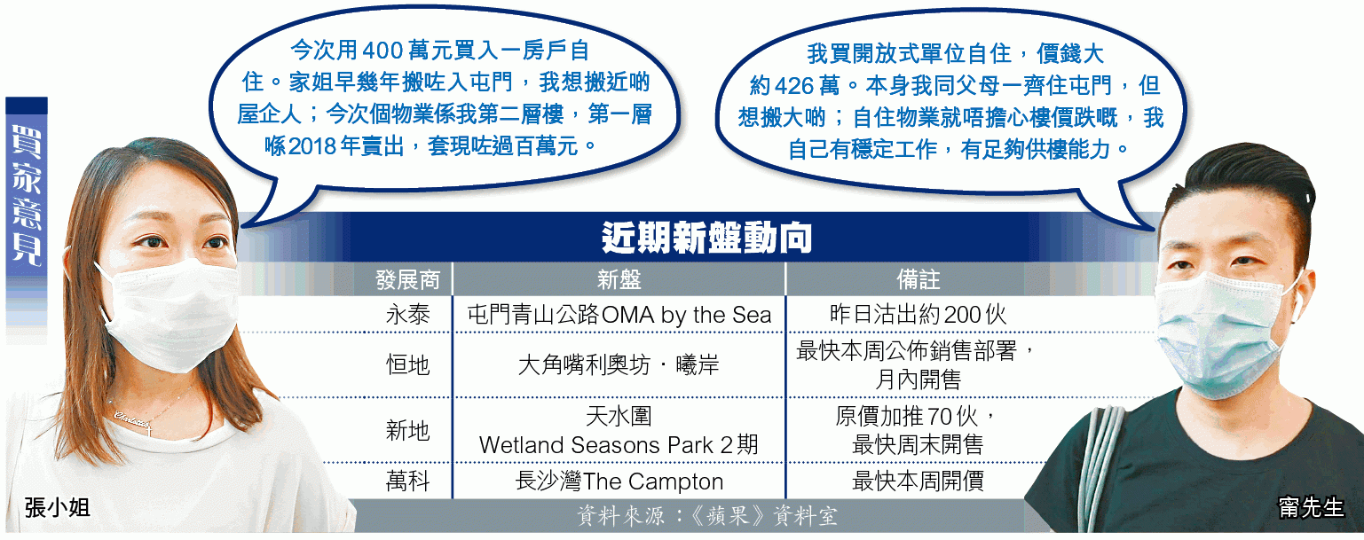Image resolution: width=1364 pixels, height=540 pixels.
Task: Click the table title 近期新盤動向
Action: click(706, 238)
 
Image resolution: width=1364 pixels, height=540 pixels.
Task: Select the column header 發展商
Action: click(407, 279)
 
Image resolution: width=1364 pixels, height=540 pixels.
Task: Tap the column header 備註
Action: click(919, 279)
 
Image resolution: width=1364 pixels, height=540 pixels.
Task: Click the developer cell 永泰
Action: click(408, 315)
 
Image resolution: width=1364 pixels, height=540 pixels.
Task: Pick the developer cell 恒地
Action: click(408, 364)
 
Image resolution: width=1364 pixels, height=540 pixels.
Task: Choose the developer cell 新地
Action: click(408, 431)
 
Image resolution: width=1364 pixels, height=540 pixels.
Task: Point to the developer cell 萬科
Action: click(408, 481)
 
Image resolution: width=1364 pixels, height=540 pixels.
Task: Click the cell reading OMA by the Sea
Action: click(686, 315)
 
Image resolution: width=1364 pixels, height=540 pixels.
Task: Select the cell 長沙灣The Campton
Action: click(619, 481)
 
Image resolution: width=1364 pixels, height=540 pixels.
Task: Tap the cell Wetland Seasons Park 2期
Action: click(619, 445)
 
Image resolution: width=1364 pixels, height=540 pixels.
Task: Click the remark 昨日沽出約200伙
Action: click(919, 315)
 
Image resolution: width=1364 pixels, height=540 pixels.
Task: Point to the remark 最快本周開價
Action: click(919, 481)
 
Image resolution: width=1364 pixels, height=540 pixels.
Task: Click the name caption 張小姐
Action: click(57, 507)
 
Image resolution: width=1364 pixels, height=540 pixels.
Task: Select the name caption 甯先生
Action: click(1311, 507)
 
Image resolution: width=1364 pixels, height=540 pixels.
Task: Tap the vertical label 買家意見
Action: click(27, 196)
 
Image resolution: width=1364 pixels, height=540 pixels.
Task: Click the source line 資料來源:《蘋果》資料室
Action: click(707, 516)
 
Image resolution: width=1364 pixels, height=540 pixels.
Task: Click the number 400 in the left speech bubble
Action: click(382, 51)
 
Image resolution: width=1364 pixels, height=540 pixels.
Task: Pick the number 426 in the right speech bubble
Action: click(795, 86)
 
